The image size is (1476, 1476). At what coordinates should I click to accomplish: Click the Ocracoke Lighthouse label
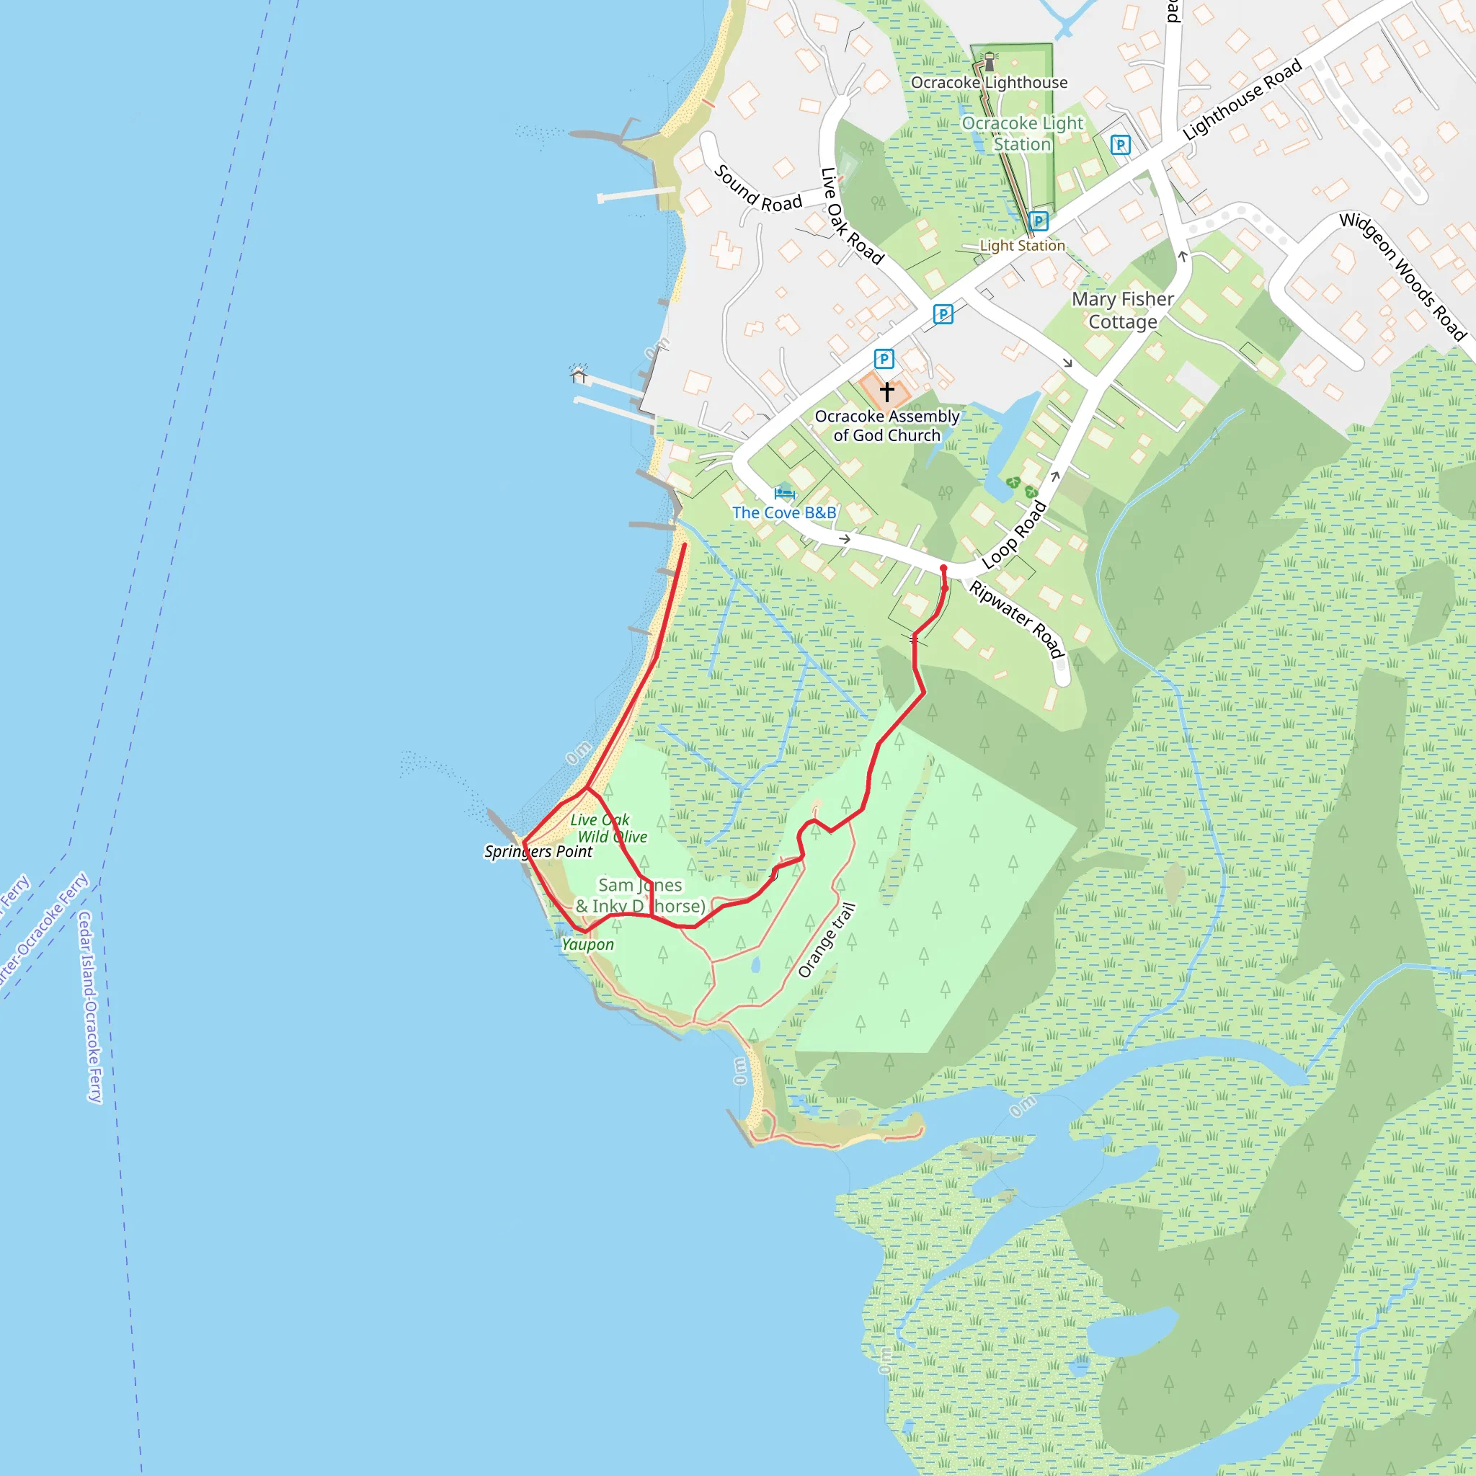(989, 82)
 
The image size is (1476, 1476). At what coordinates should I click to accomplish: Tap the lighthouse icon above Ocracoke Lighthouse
(990, 61)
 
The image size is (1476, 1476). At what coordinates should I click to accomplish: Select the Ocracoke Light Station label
(1022, 134)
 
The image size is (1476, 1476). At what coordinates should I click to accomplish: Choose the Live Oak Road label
(851, 216)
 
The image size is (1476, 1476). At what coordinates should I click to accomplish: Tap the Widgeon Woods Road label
(1402, 276)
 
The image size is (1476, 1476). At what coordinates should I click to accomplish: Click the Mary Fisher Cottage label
(1122, 310)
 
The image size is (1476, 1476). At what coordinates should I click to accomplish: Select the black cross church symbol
(886, 392)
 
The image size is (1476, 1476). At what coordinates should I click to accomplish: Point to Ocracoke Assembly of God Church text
(886, 425)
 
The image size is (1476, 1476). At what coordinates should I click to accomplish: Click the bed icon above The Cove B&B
(784, 493)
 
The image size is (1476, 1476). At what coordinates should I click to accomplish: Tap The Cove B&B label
(784, 512)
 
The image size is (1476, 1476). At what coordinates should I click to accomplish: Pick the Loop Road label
(1014, 535)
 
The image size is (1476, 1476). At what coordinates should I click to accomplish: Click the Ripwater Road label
(1016, 620)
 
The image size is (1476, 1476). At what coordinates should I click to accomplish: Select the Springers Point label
(538, 851)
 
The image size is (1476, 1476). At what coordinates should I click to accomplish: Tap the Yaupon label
(587, 944)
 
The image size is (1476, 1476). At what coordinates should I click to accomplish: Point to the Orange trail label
(826, 940)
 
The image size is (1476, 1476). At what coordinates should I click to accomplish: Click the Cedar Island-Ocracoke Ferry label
(89, 1006)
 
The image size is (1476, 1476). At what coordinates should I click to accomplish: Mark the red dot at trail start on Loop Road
(943, 569)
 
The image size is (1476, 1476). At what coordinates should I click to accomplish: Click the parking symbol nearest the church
(884, 358)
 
